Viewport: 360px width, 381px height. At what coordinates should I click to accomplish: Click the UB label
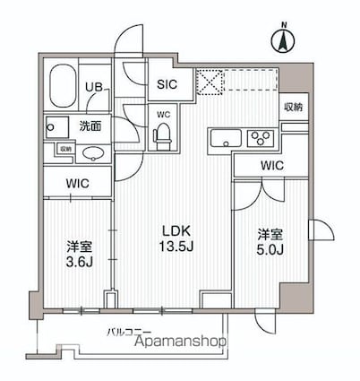tap(94, 86)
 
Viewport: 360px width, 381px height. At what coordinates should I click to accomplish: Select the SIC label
tap(167, 84)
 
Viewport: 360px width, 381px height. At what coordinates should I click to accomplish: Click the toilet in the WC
tap(163, 135)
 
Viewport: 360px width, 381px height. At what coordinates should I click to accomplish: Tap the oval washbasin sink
tap(91, 153)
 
